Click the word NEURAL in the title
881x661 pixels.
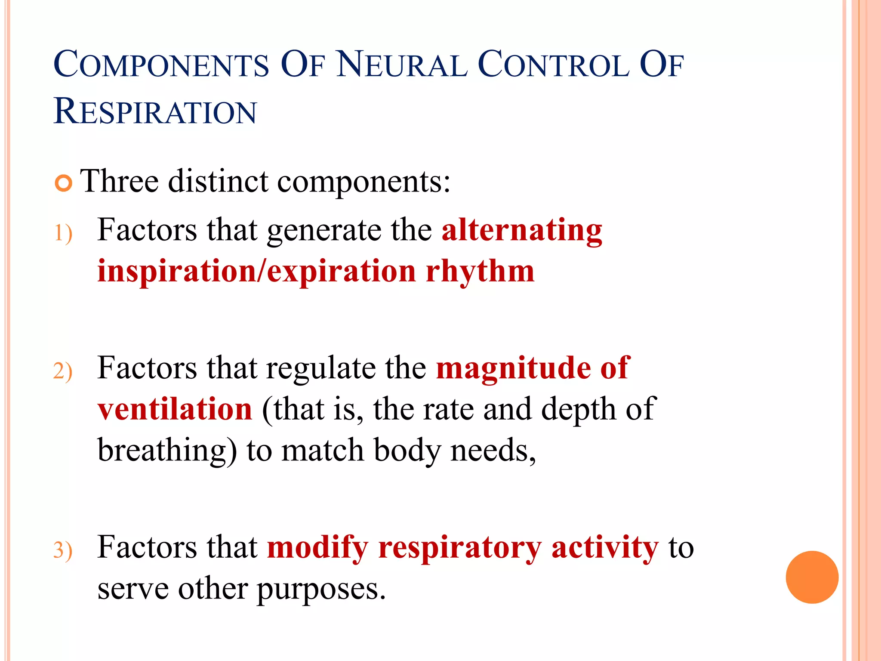pos(401,65)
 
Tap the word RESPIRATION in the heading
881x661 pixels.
pos(155,111)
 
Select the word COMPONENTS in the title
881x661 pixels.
pos(161,65)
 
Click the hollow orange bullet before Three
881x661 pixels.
pos(64,184)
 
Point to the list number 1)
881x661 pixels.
pos(63,234)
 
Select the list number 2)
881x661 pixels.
pos(63,371)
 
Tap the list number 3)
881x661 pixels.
pos(63,550)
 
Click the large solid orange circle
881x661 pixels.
pos(812,577)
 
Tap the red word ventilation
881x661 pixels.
pos(175,409)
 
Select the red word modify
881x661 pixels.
pos(317,548)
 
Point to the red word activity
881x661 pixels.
pos(604,547)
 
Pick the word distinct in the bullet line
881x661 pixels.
pos(218,181)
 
